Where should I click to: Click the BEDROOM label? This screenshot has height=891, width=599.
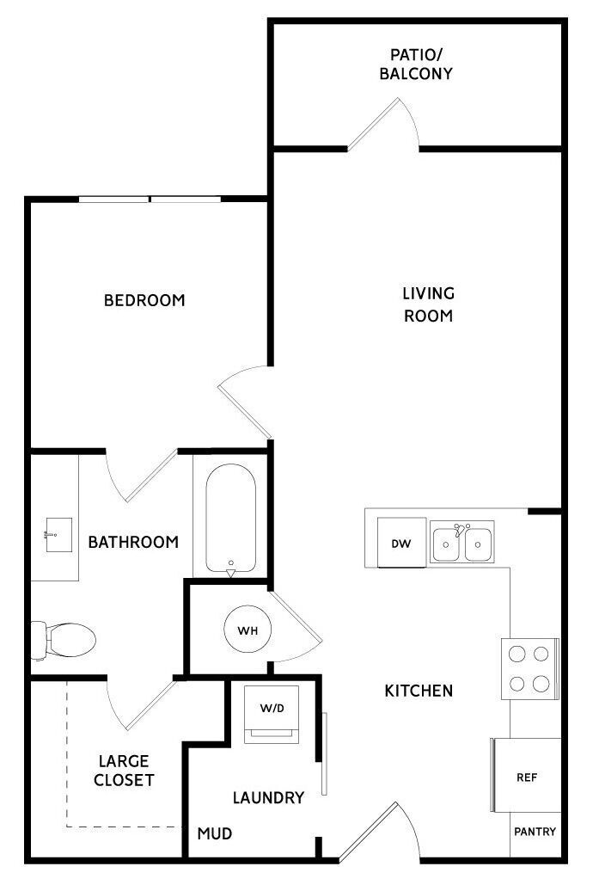pyautogui.click(x=144, y=300)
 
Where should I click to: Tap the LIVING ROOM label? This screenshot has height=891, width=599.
pyautogui.click(x=428, y=304)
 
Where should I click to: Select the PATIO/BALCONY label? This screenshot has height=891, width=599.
pyautogui.click(x=416, y=64)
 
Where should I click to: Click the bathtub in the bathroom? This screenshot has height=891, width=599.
pyautogui.click(x=230, y=519)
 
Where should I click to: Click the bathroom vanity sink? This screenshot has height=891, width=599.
pyautogui.click(x=57, y=536)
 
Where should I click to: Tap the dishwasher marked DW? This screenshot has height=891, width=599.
pyautogui.click(x=401, y=543)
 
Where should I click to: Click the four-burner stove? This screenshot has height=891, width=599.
pyautogui.click(x=529, y=668)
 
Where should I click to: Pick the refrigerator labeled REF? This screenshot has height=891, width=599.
pyautogui.click(x=526, y=777)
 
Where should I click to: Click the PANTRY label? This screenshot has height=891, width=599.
pyautogui.click(x=535, y=832)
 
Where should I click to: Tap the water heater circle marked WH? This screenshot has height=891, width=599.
pyautogui.click(x=248, y=630)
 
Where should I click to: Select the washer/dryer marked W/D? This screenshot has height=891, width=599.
pyautogui.click(x=272, y=713)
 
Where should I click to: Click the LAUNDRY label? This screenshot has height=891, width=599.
pyautogui.click(x=268, y=797)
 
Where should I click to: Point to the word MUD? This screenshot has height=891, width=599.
pyautogui.click(x=214, y=833)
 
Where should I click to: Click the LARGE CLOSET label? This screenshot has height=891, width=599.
pyautogui.click(x=124, y=771)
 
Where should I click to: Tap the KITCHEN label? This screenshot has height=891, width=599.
pyautogui.click(x=418, y=690)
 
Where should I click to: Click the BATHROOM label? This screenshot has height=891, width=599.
pyautogui.click(x=133, y=542)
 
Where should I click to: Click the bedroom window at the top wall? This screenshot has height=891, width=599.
pyautogui.click(x=150, y=200)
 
